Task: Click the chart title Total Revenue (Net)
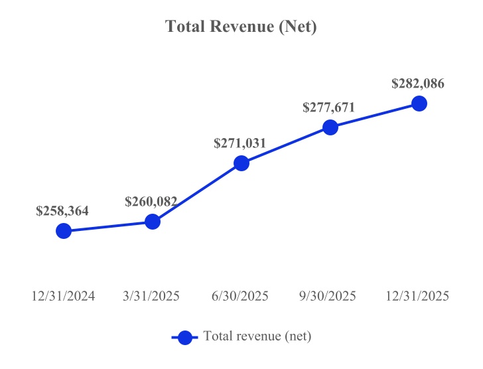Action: (x=241, y=27)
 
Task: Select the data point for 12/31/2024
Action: (x=64, y=231)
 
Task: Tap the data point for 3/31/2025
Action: (x=153, y=222)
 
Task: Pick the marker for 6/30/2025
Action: (x=241, y=163)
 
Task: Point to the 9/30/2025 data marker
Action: (x=330, y=127)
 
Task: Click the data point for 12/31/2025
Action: (x=419, y=104)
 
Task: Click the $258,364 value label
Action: (x=62, y=211)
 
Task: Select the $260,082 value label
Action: (x=151, y=202)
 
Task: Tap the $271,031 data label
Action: (x=240, y=143)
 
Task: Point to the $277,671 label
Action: (x=329, y=108)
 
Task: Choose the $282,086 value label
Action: (x=418, y=84)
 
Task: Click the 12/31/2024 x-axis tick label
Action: (x=64, y=297)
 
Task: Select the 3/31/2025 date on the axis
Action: (x=153, y=297)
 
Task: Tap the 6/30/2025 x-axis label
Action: (x=241, y=297)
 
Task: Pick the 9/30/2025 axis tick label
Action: (x=330, y=297)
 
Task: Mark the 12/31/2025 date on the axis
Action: (x=419, y=297)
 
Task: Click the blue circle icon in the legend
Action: (x=185, y=337)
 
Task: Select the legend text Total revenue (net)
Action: (x=257, y=336)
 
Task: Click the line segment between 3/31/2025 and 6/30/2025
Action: (x=197, y=192)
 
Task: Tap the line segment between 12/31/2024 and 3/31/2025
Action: (x=108, y=226)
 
